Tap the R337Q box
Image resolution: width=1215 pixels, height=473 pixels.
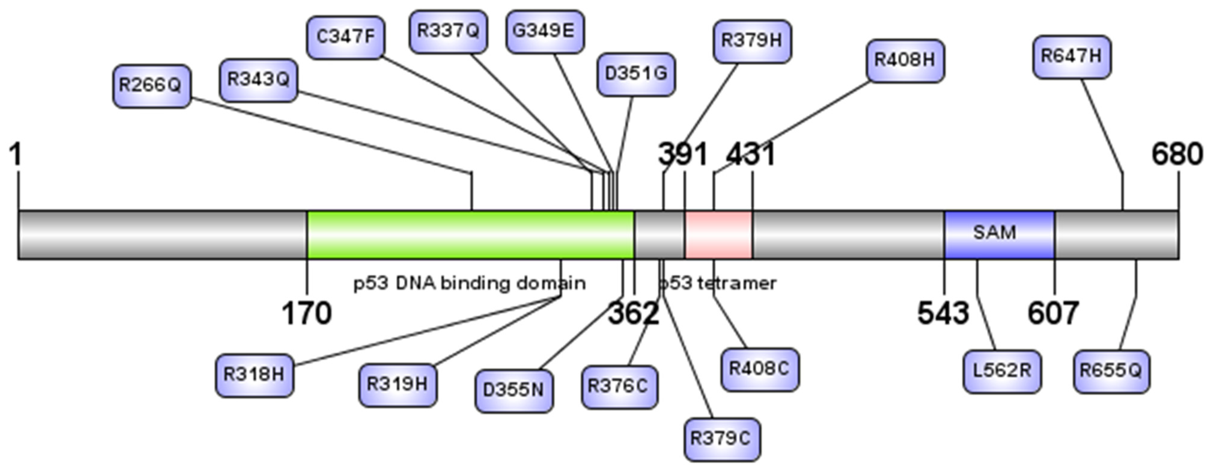448,32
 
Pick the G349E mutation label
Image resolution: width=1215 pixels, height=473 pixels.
545,32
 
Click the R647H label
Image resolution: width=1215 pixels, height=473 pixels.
1072,56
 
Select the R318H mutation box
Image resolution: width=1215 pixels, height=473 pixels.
254,375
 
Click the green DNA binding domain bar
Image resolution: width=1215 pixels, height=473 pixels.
470,234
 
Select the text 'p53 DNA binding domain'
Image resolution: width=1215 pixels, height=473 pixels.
469,283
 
